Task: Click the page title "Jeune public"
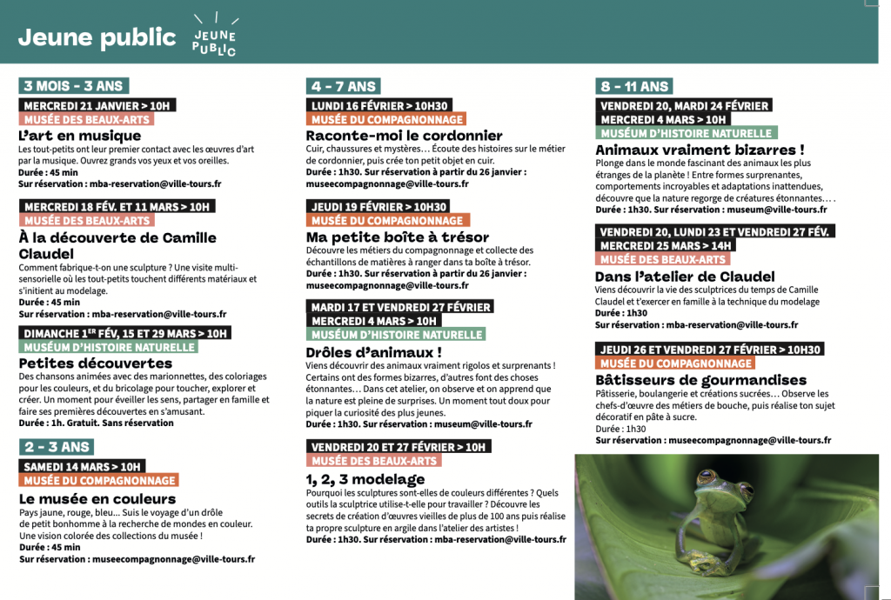pos(97,37)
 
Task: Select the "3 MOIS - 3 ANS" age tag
pos(73,85)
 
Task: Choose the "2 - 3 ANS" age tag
pos(57,447)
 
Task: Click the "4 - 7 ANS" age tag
pos(343,86)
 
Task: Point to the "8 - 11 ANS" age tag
pos(634,86)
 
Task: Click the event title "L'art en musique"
pos(79,136)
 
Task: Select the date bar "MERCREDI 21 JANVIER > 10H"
pos(97,105)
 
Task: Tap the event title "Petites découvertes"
pos(95,363)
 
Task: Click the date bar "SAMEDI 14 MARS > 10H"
pos(82,466)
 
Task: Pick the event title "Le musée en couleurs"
pos(97,499)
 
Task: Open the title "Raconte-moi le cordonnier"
pos(404,136)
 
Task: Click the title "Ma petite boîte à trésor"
pos(397,237)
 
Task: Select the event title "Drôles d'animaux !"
pos(373,352)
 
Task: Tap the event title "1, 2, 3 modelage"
pos(365,479)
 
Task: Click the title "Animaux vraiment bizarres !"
pos(700,150)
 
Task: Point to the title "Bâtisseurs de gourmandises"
pos(700,380)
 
